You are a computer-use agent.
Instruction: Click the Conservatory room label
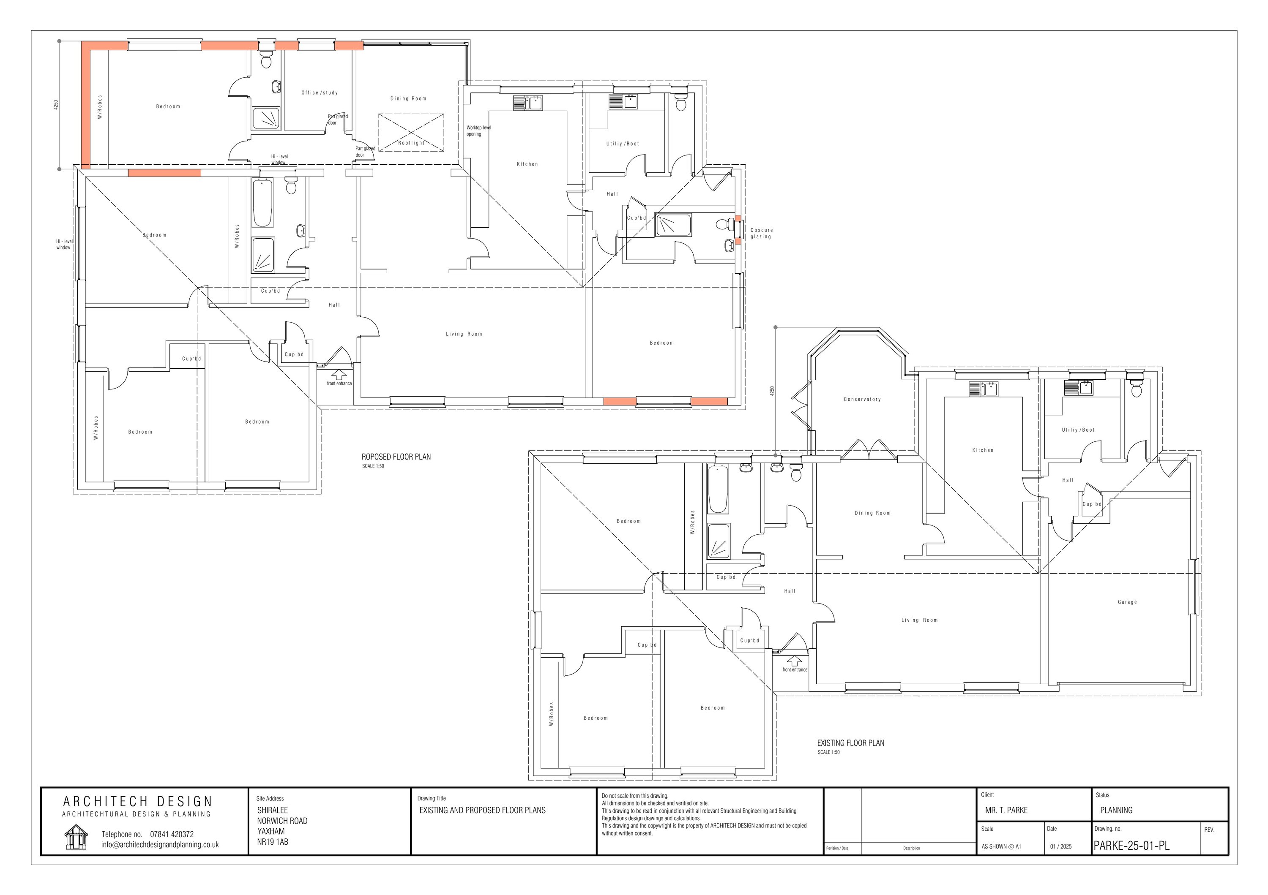pos(861,399)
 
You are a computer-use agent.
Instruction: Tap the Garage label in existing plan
pos(1127,602)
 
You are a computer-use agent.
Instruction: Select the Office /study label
pos(319,92)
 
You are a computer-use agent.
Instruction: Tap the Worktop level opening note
pos(478,131)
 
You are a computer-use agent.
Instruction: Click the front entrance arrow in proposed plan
pos(338,375)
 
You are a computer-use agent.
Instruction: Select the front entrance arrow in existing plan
pos(794,661)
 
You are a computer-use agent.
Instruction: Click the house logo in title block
pos(76,837)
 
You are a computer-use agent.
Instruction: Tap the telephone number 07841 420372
pos(172,834)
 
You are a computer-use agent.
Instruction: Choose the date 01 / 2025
pos(1060,846)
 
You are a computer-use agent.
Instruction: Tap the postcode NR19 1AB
pos(272,842)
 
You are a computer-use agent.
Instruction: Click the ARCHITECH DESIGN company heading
pos(137,802)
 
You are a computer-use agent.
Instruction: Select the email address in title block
pos(160,845)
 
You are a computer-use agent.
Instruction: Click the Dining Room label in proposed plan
pos(408,99)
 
